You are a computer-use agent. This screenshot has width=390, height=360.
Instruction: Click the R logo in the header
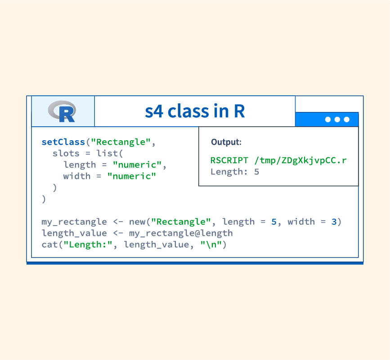[62, 111]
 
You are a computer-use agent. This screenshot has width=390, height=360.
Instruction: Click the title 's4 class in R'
[195, 111]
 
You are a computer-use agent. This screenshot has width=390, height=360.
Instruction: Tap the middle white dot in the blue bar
[337, 120]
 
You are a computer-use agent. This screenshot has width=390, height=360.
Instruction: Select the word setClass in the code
[63, 142]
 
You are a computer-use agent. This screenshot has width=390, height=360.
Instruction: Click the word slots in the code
[66, 154]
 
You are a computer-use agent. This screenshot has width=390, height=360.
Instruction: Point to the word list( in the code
[110, 154]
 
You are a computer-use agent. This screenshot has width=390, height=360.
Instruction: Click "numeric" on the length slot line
[137, 165]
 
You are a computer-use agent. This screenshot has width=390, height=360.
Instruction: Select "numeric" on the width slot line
[132, 176]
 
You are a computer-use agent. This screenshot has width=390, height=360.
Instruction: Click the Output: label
[226, 142]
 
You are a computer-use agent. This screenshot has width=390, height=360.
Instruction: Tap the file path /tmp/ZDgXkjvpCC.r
[300, 160]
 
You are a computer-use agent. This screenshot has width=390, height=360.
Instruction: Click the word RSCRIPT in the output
[229, 160]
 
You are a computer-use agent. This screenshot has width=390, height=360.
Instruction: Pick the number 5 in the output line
[257, 172]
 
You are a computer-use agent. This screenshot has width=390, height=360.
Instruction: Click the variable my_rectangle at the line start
[74, 222]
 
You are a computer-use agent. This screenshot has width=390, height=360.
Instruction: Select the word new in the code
[137, 222]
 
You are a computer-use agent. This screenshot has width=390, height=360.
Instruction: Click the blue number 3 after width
[334, 222]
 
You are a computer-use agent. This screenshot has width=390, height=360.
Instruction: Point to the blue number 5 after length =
[274, 222]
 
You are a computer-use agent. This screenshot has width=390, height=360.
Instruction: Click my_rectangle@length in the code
[181, 233]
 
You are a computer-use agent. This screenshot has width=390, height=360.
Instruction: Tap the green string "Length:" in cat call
[88, 245]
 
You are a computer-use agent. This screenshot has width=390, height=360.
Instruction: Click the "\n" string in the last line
[211, 245]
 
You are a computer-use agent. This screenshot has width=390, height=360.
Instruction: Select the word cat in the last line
[49, 245]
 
